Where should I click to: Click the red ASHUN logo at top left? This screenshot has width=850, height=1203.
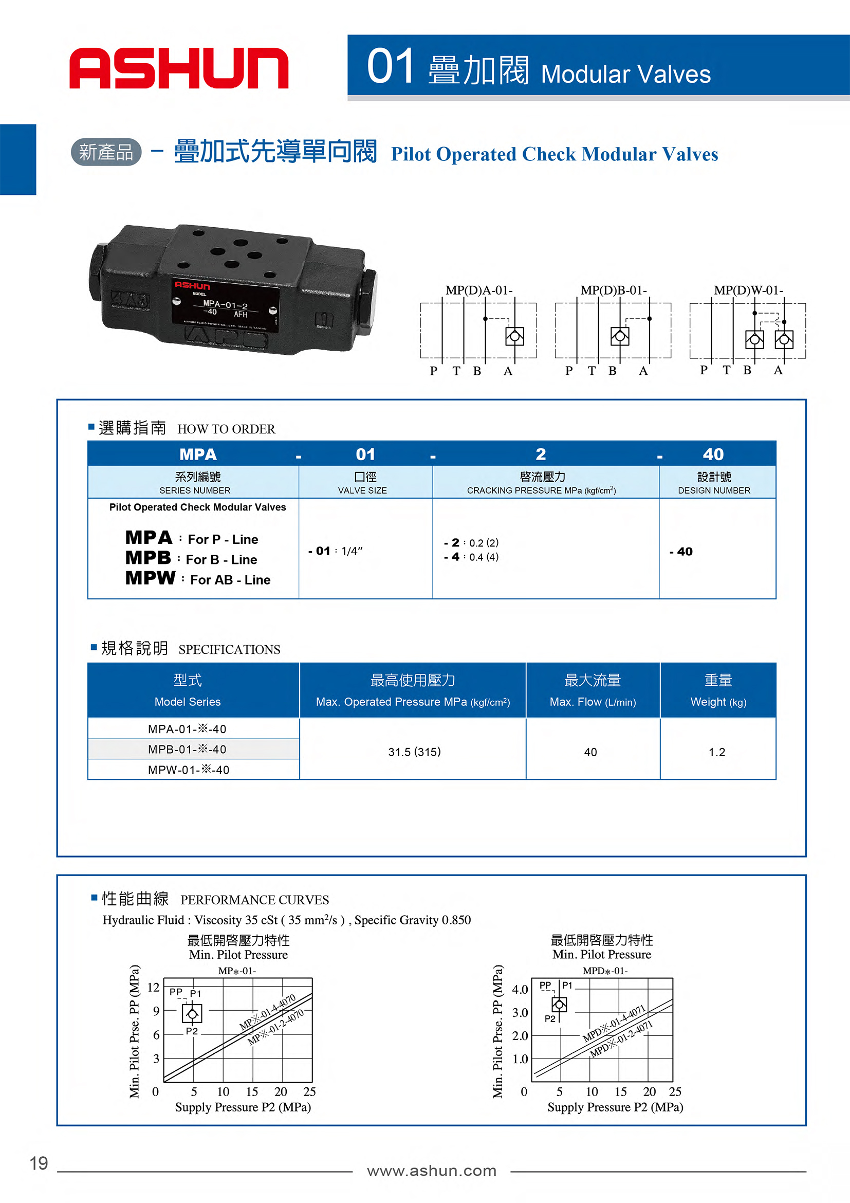pos(179,68)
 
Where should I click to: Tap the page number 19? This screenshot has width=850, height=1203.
pos(39,1163)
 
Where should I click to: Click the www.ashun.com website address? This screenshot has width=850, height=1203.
pos(432,1171)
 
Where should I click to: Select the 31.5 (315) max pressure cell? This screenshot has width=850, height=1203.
pos(414,752)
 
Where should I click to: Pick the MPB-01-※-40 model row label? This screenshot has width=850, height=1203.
pos(187,749)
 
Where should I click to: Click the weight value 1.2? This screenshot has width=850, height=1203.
pos(717,753)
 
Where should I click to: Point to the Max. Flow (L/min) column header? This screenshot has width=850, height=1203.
pos(593,702)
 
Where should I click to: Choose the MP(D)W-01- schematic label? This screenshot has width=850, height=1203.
pos(748,290)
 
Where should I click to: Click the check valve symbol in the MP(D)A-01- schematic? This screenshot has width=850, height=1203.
pos(514,336)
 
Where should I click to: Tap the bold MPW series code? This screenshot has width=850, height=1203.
pos(150,578)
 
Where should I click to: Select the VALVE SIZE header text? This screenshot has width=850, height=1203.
pos(362,490)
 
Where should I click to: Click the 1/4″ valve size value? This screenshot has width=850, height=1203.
pos(352,551)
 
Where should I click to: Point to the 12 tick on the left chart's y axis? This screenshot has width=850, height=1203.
pos(153,987)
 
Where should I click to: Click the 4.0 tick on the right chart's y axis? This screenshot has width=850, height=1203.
pos(520,989)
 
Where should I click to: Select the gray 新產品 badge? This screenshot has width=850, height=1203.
pos(106,152)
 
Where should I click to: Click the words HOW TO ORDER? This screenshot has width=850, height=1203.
pos(226,429)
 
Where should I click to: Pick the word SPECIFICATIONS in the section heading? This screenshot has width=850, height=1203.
pos(229,650)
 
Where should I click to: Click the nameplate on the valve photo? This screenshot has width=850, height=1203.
pos(225,306)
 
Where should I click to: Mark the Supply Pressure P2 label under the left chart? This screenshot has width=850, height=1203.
pos(243,1107)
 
